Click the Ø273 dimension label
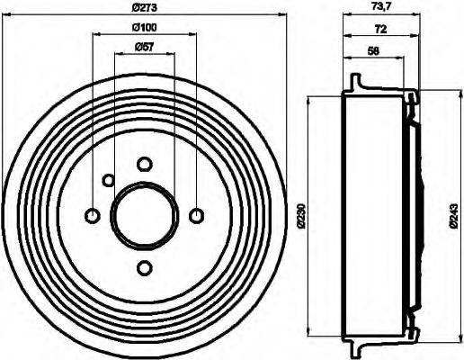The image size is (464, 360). coord(144,9)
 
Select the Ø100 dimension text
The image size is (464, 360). coord(144,27)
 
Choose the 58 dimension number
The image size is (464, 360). coord(372,50)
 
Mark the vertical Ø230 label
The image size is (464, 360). coord(302,216)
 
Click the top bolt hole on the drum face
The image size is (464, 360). coord(144,164)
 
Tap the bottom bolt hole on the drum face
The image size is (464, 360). coord(144,267)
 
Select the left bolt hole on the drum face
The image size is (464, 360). coord(92,215)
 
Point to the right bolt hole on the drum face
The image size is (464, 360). coord(197,215)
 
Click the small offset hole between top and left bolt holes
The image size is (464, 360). coord(108,180)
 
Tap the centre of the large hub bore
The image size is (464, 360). coord(144,215)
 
